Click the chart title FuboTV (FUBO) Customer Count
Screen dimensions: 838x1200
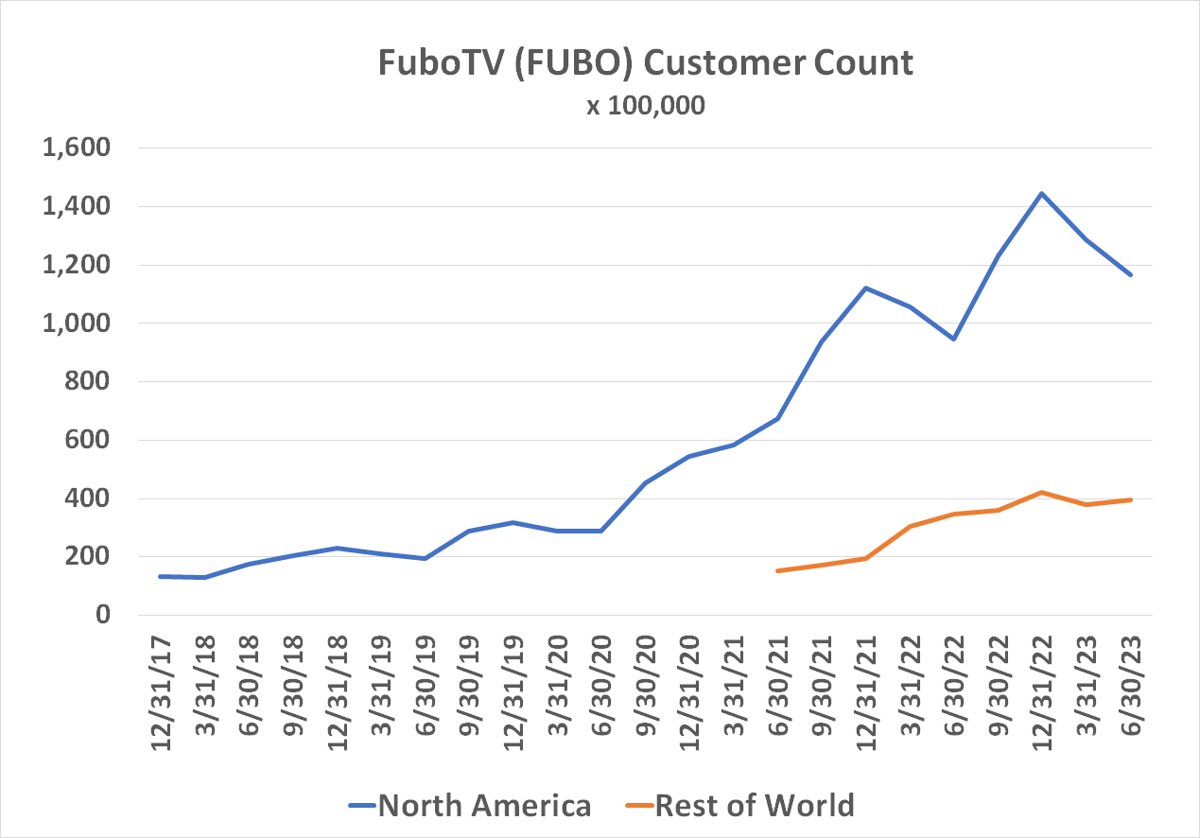point(646,62)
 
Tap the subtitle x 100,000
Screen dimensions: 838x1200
point(646,105)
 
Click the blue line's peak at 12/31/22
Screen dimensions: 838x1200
point(1042,194)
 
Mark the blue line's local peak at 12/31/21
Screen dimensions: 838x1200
point(865,288)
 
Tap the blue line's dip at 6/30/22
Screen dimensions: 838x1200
point(954,339)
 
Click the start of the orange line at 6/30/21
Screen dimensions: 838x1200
point(777,570)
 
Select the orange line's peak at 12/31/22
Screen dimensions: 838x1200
point(1042,492)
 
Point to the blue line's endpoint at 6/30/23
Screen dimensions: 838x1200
point(1130,274)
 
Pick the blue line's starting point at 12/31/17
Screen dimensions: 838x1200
point(161,576)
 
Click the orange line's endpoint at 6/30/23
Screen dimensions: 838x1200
point(1130,499)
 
